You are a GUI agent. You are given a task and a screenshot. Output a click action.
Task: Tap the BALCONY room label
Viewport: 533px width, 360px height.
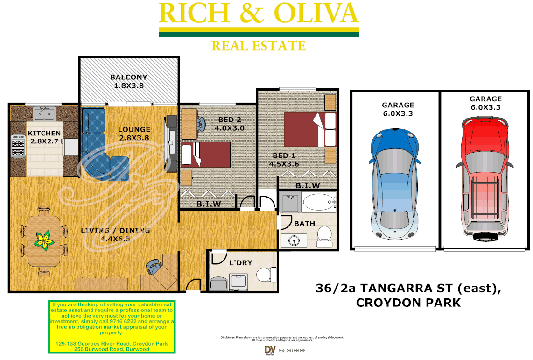[x=128, y=77]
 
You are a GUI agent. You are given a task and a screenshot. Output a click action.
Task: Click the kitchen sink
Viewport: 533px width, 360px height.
[x=45, y=113]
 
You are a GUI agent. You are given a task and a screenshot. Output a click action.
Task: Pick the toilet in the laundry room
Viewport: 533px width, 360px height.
[x=266, y=274]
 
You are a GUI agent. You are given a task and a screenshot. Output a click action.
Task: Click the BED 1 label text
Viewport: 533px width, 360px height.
[x=280, y=155]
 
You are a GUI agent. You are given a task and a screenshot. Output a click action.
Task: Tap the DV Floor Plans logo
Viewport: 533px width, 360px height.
[x=269, y=350]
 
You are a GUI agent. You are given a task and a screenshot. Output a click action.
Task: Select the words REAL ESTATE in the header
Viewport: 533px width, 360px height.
[x=258, y=46]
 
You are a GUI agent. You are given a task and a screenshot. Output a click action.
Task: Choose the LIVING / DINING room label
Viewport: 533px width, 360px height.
[x=115, y=230]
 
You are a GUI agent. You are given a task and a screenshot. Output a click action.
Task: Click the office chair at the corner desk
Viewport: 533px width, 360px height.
[x=154, y=268]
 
